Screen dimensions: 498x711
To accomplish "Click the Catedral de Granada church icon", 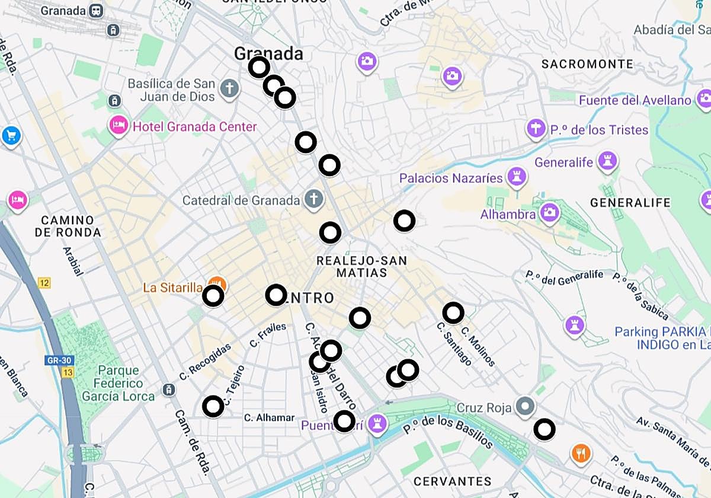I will click(x=313, y=200).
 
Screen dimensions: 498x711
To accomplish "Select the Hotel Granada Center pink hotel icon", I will click(x=118, y=126).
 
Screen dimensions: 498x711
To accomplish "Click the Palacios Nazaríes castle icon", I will click(x=517, y=177).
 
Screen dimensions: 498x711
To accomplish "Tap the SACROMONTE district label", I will click(x=587, y=64).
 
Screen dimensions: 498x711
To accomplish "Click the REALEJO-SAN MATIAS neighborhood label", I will click(x=361, y=267).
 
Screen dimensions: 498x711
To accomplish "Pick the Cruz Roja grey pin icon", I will click(x=524, y=407).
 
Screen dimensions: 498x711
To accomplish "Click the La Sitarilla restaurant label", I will click(x=172, y=288).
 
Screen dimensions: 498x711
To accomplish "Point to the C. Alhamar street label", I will click(x=269, y=418).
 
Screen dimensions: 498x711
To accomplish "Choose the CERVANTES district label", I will click(x=453, y=481).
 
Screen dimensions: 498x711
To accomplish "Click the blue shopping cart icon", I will click(x=11, y=136).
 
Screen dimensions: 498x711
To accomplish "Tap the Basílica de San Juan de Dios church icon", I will click(x=229, y=90).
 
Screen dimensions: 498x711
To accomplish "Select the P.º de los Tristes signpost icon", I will click(x=536, y=128).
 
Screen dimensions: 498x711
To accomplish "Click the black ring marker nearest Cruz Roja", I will click(x=545, y=429).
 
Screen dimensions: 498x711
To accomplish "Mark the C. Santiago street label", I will click(x=454, y=344).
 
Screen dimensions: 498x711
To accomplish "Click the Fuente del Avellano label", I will click(x=635, y=100).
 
